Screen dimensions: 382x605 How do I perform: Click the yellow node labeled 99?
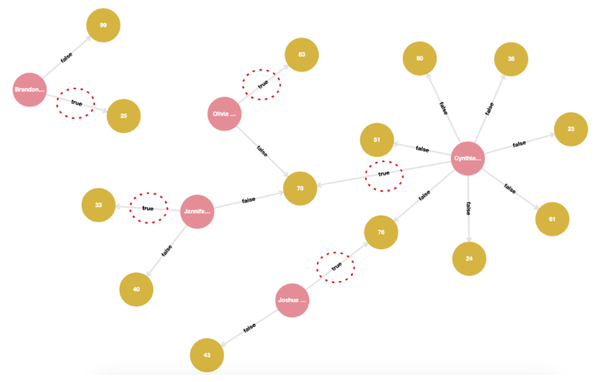pyautogui.click(x=103, y=25)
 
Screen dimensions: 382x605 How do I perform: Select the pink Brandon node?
pyautogui.click(x=30, y=90)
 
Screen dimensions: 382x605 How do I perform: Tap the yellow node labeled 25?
pyautogui.click(x=123, y=115)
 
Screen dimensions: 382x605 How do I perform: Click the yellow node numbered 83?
pyautogui.click(x=302, y=55)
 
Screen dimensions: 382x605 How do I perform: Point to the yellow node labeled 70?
pyautogui.click(x=300, y=188)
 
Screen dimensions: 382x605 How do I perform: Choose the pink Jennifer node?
pyautogui.click(x=197, y=212)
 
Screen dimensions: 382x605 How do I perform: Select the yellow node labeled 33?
pyautogui.click(x=98, y=205)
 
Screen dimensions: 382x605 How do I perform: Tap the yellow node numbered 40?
pyautogui.click(x=137, y=289)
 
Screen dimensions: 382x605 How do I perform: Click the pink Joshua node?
pyautogui.click(x=291, y=300)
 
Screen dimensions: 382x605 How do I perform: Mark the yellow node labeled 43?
pyautogui.click(x=207, y=355)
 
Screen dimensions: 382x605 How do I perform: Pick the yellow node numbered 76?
pyautogui.click(x=381, y=233)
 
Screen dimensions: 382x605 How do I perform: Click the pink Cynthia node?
pyautogui.click(x=467, y=158)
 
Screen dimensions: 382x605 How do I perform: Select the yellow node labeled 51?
pyautogui.click(x=377, y=140)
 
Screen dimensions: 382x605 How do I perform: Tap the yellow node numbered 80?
pyautogui.click(x=420, y=59)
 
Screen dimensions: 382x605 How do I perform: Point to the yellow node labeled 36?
pyautogui.click(x=511, y=59)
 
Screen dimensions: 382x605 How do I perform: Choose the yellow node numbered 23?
pyautogui.click(x=571, y=129)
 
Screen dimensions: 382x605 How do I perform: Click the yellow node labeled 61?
pyautogui.click(x=552, y=219)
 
